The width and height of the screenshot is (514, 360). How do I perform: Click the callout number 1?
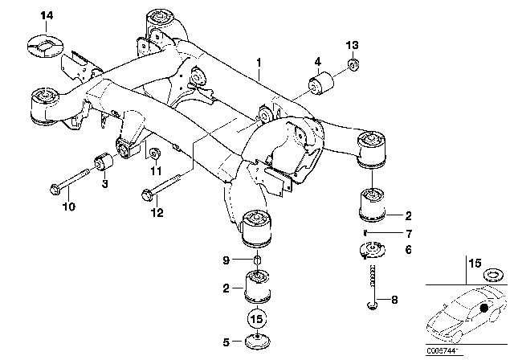(259, 61)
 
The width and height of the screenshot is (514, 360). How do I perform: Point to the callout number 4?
(318, 61)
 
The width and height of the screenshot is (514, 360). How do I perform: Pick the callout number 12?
(158, 212)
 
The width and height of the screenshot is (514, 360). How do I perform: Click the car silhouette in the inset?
(467, 318)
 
